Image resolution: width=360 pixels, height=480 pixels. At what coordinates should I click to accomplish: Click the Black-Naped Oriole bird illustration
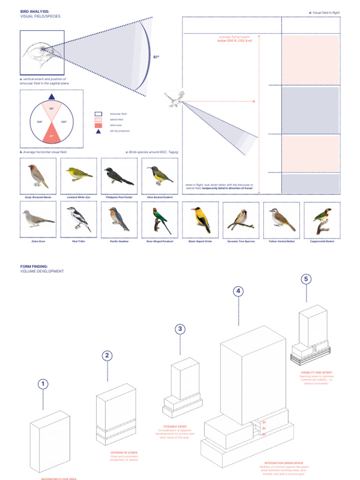point(200,220)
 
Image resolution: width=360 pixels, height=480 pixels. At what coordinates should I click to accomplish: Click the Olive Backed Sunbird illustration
point(160,175)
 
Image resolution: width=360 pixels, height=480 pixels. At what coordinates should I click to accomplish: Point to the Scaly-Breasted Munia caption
point(38,198)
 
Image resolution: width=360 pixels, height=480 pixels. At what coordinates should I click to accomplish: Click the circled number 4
point(239,291)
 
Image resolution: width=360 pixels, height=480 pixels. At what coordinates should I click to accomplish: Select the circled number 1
point(43,384)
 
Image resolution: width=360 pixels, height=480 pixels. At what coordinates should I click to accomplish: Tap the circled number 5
point(306,279)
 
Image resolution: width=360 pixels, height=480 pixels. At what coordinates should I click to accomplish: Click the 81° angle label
point(157,57)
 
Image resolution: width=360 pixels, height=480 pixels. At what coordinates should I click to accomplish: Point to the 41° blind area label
point(52,136)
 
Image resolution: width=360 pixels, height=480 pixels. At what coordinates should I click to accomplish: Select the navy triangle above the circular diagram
point(52,97)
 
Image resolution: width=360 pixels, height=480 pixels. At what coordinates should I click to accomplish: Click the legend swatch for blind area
point(98,126)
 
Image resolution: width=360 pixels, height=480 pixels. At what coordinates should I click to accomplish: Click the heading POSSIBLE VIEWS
point(175,426)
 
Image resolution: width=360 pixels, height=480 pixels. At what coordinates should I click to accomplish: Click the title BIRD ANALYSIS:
point(35,11)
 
